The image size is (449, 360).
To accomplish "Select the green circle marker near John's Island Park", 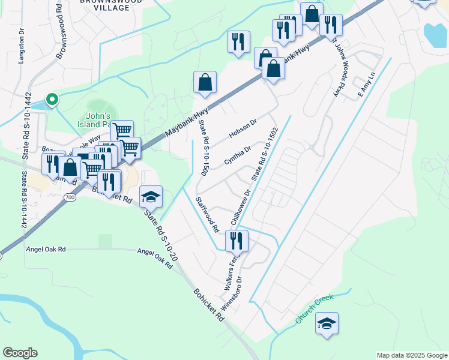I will [x=52, y=100].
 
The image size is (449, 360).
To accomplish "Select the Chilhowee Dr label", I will [x=244, y=207].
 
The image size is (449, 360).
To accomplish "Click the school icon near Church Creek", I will [x=327, y=323].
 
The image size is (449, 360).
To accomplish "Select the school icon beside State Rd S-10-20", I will [x=151, y=197].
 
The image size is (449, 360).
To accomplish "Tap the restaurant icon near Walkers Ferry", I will [x=237, y=241].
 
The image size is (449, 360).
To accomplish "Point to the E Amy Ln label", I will [x=366, y=85].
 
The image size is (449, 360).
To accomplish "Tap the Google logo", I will [x=20, y=353].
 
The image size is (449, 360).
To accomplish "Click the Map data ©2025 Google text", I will [x=411, y=355].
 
